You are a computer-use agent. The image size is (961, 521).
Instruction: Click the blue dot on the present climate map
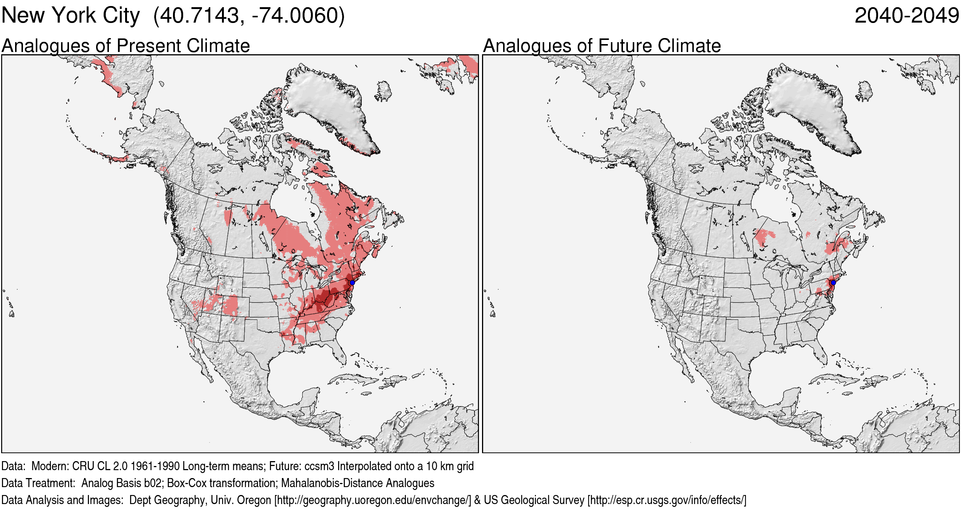coord(352,283)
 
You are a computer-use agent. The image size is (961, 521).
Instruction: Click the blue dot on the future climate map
coord(833,283)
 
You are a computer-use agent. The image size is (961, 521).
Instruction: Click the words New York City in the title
coord(70,16)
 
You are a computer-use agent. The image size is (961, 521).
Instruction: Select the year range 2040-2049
coord(906,16)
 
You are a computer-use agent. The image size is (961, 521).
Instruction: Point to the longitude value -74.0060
coord(294,16)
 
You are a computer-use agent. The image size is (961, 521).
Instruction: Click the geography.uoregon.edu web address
coord(373,500)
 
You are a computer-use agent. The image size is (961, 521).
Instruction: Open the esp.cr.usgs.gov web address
coord(666,500)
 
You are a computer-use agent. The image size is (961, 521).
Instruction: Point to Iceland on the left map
coord(383,91)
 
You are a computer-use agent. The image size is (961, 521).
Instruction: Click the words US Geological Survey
coord(534,500)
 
